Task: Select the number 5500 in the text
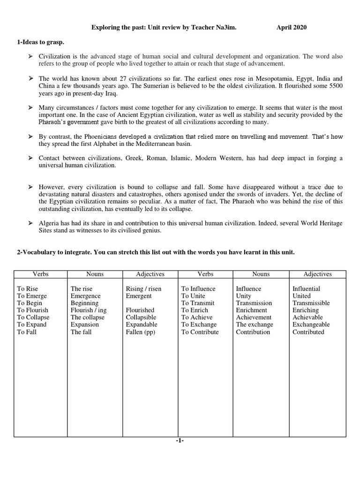[x=333, y=86]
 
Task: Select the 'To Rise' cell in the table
[x=28, y=289]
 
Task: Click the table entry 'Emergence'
[x=85, y=296]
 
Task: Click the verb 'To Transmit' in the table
[x=198, y=303]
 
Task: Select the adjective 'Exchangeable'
[x=311, y=324]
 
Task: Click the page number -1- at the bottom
[x=180, y=441]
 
